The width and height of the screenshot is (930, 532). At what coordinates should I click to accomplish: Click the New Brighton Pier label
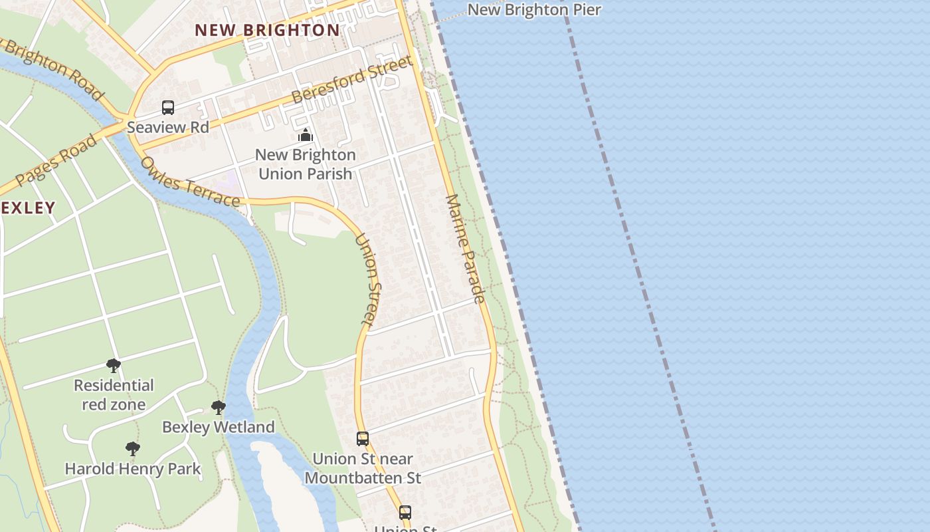pos(534,9)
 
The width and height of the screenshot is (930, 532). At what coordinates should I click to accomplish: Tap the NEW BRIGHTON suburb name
pos(267,30)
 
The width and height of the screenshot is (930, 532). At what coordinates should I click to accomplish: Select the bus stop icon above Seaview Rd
pos(168,107)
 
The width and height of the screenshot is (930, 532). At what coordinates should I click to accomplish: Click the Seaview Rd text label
pos(168,127)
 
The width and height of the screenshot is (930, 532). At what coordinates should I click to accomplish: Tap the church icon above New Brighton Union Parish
pos(306,136)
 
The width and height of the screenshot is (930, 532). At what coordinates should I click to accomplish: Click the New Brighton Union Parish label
pos(306,164)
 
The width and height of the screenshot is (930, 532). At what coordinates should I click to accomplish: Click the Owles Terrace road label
pos(190,182)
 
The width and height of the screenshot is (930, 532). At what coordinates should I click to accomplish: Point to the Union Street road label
pos(369,279)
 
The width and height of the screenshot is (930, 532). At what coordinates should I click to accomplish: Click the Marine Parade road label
pos(466,249)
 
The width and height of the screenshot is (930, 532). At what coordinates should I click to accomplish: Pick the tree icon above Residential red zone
pos(114,365)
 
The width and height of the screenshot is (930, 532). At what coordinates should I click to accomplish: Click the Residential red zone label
pos(114,394)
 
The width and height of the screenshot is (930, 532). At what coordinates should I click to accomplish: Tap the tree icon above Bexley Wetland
pos(218,407)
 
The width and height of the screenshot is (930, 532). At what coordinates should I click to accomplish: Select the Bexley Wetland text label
pos(218,427)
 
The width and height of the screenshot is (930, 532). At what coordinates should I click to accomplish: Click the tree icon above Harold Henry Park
pos(133,449)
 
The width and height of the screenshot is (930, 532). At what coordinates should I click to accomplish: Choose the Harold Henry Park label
pos(133,469)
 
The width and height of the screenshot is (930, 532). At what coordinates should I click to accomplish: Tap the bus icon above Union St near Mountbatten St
pos(362,439)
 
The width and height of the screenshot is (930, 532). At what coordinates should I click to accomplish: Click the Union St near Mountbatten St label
pos(363,468)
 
